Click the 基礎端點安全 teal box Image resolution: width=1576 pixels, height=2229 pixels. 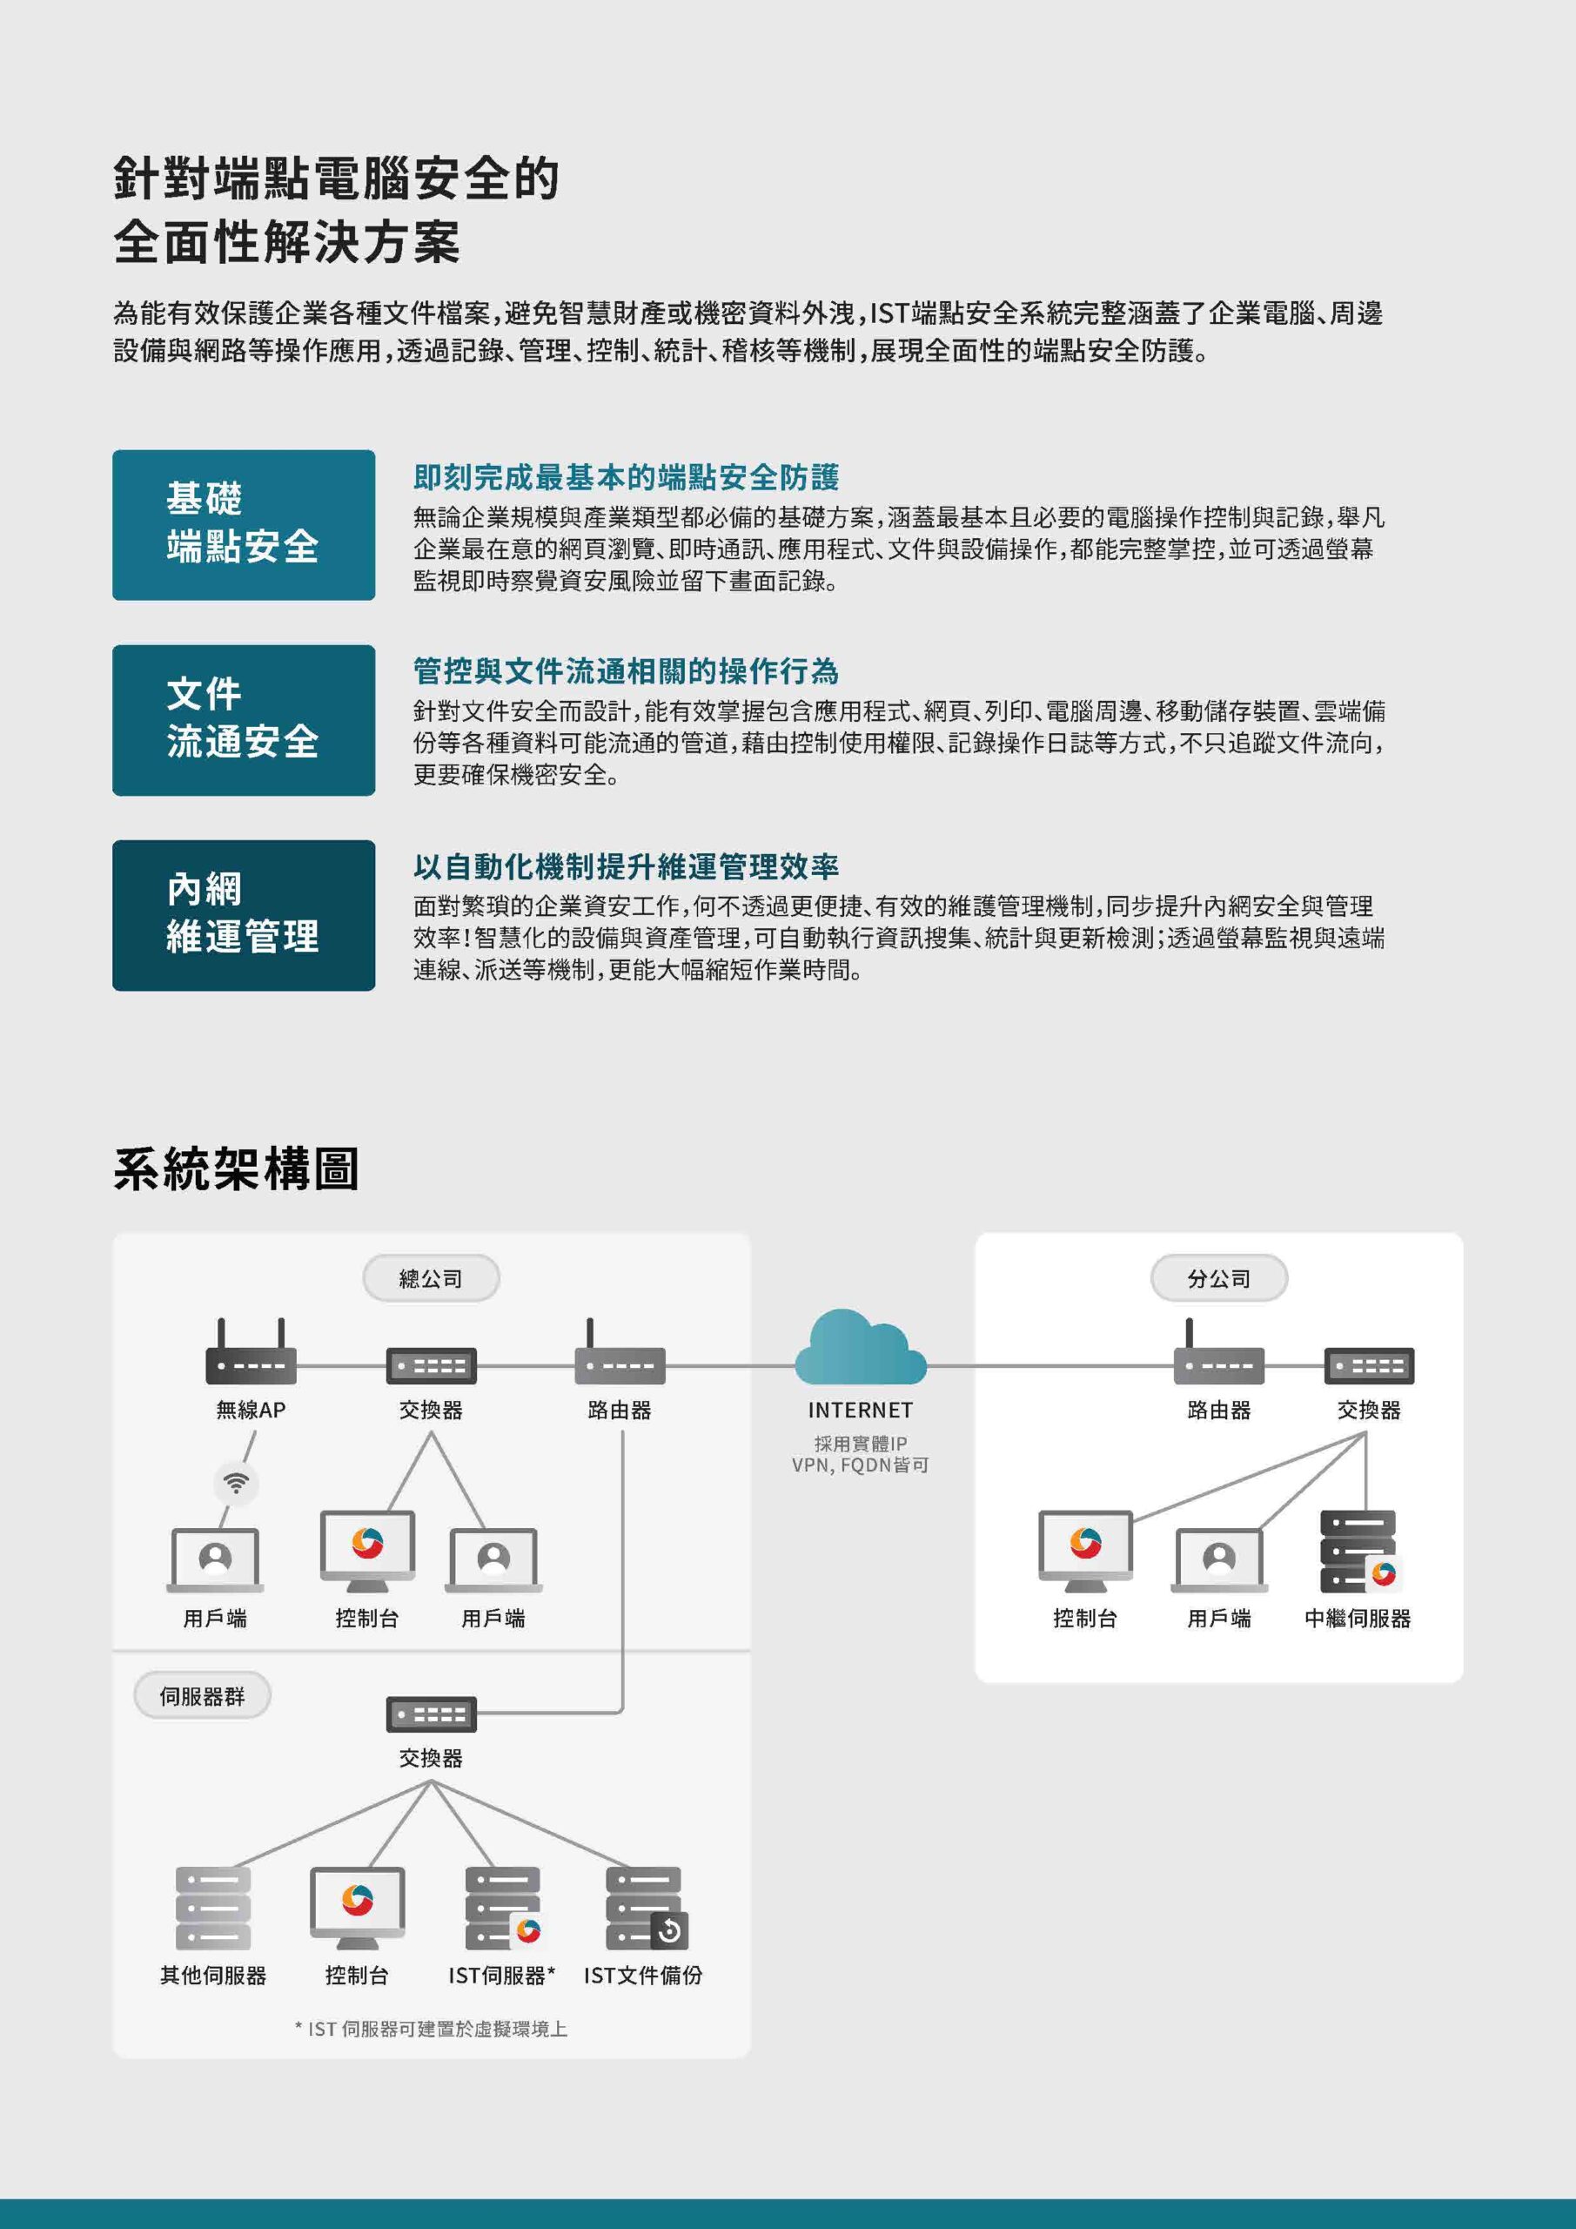[x=244, y=524]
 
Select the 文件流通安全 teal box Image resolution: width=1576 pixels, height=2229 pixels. [x=244, y=720]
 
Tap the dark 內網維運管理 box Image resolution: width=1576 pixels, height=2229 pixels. [x=244, y=915]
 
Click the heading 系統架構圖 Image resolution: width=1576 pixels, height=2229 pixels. [x=237, y=1168]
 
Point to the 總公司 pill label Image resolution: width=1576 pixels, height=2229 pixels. [x=431, y=1278]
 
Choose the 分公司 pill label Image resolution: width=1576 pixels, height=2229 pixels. [x=1219, y=1278]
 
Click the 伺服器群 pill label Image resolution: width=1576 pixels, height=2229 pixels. [x=202, y=1696]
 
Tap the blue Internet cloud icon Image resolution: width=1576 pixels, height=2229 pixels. [x=860, y=1348]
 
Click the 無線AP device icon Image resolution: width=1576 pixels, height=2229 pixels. [x=251, y=1351]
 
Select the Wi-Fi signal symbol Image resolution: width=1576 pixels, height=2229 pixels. [x=236, y=1483]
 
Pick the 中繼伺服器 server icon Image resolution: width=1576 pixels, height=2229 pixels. [x=1358, y=1552]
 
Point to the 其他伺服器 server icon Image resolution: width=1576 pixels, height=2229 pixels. [x=212, y=1909]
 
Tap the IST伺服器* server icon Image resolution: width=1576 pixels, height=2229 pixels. [x=504, y=1909]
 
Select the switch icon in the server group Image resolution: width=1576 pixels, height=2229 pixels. [x=431, y=1714]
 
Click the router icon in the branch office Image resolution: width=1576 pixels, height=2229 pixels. [x=1219, y=1351]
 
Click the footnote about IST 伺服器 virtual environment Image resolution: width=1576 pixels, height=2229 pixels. [x=431, y=2029]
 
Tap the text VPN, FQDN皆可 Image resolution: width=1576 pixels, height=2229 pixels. [x=860, y=1465]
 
